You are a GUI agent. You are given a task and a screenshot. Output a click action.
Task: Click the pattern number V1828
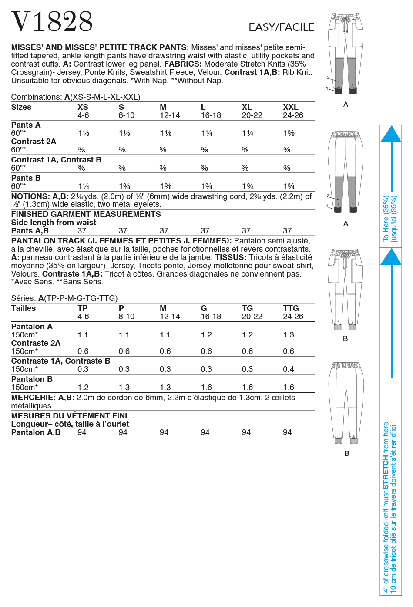[52, 22]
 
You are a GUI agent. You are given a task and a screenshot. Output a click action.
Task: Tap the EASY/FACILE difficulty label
[281, 27]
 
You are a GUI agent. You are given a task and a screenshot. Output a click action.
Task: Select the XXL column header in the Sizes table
[290, 107]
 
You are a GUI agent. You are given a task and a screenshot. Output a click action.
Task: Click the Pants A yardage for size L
[207, 133]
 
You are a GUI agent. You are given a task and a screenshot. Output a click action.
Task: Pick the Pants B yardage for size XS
[83, 186]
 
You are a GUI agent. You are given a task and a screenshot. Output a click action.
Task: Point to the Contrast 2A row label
[34, 142]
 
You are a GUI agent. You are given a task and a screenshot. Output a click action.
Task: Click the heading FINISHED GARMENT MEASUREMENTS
[86, 214]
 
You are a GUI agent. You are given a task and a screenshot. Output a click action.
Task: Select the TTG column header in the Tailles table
[290, 308]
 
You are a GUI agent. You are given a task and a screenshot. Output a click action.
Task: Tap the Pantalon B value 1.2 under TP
[83, 388]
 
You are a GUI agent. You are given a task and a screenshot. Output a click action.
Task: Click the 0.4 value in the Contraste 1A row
[288, 369]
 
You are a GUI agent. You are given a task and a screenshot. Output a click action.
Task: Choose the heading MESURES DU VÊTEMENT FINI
[69, 416]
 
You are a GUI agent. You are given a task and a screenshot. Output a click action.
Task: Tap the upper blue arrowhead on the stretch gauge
[391, 134]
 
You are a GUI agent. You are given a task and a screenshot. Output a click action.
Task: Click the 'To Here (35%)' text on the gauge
[386, 219]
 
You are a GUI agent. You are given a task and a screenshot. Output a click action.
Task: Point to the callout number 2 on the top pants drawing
[328, 77]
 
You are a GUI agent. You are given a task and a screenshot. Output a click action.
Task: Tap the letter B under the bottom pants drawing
[346, 453]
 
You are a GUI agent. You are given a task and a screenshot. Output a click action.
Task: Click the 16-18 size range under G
[211, 317]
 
